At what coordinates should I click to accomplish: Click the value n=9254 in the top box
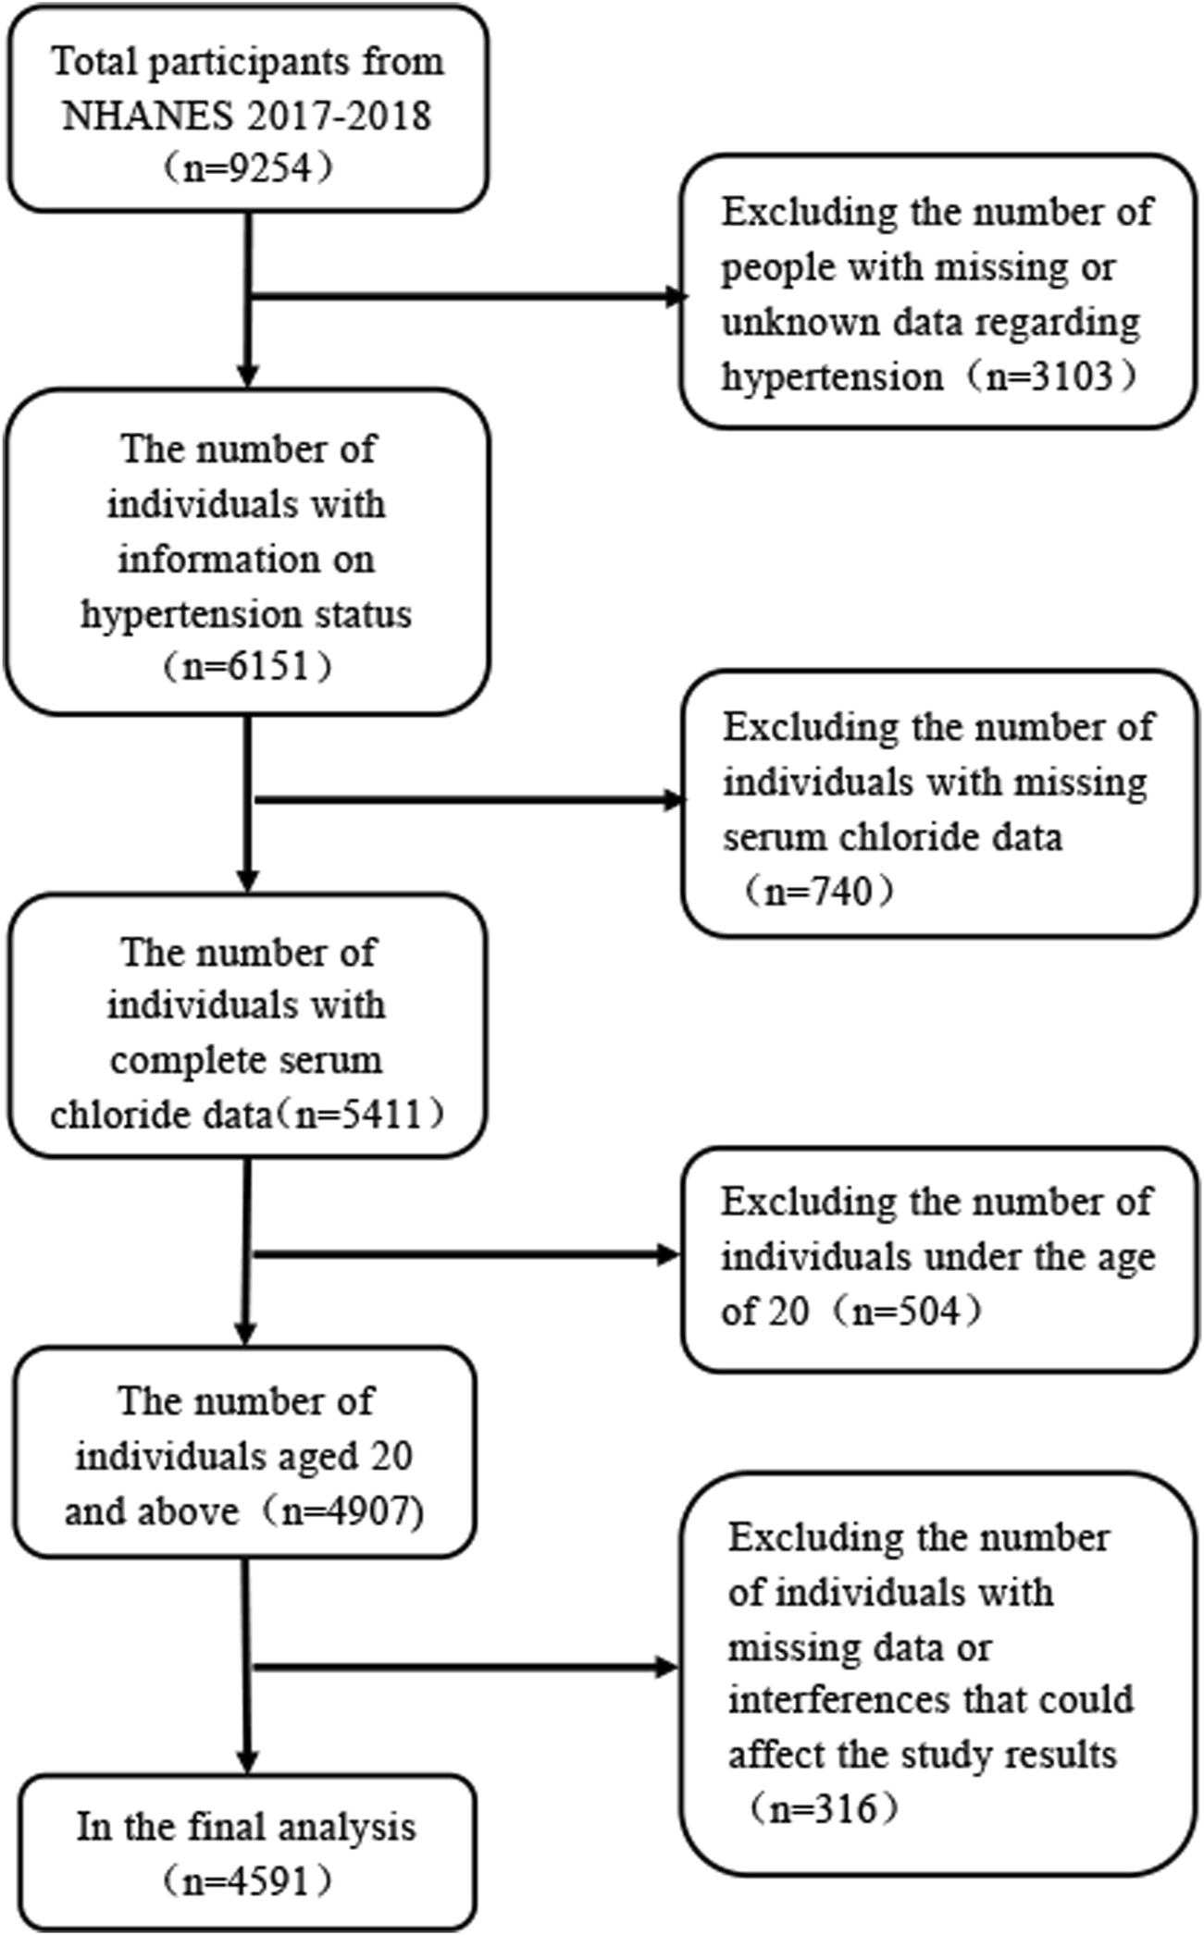tap(247, 169)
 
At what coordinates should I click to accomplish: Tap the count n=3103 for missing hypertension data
tap(1049, 376)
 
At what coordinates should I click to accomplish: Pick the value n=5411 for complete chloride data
tap(357, 1114)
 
